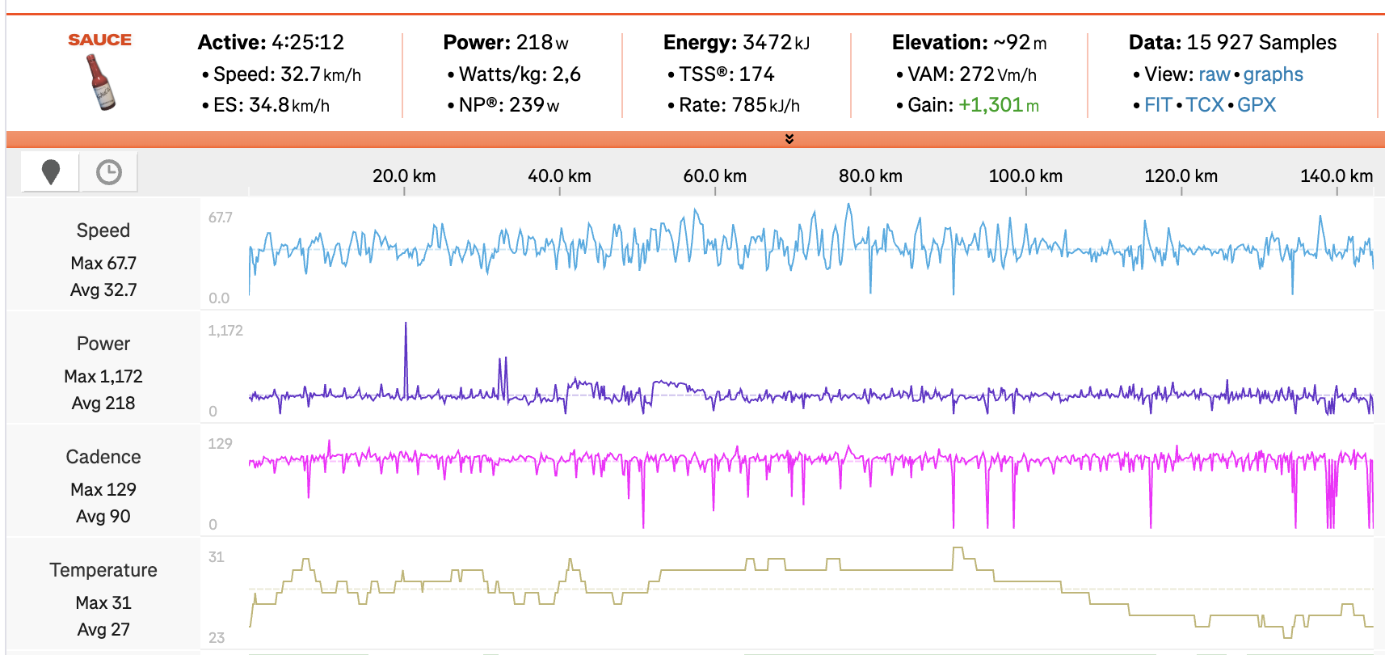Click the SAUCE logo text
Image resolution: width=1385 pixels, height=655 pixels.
coord(99,40)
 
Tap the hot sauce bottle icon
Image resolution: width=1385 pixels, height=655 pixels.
coord(101,82)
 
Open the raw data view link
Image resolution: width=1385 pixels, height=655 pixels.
coord(1214,74)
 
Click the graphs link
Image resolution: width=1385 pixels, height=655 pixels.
coord(1273,74)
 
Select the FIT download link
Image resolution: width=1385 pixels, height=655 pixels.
coord(1157,105)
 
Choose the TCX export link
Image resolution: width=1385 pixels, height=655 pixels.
coord(1204,105)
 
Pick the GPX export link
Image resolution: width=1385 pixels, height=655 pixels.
coord(1257,105)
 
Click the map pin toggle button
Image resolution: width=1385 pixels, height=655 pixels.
coord(51,171)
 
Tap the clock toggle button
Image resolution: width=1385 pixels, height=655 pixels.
coord(108,171)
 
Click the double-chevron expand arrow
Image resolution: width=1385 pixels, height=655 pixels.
coord(789,139)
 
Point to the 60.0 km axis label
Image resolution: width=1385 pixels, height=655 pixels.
coord(714,176)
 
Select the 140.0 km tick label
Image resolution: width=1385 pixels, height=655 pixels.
coord(1336,176)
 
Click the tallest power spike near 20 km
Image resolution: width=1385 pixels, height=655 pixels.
coord(406,325)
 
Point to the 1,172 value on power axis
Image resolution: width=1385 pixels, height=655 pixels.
coord(225,331)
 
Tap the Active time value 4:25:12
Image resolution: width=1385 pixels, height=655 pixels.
coord(307,42)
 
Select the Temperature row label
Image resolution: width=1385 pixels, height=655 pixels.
coord(103,570)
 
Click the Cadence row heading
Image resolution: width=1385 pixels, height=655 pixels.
coord(103,457)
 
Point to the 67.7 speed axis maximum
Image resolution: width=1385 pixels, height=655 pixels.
coord(220,218)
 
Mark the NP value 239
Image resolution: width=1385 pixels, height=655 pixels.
coord(526,105)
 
